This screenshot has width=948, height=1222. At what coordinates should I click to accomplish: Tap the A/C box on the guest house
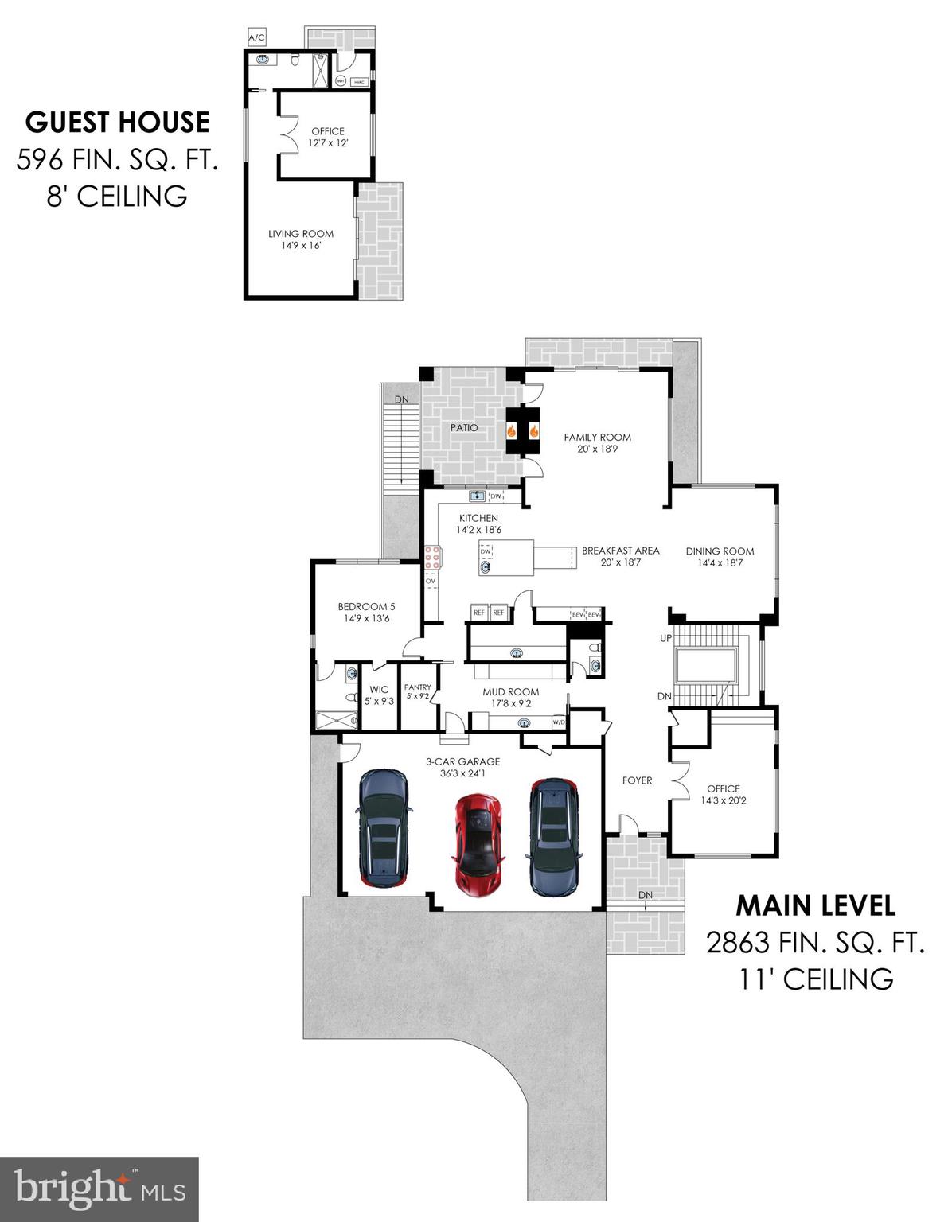click(x=256, y=37)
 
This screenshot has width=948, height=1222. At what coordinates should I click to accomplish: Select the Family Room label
click(x=597, y=437)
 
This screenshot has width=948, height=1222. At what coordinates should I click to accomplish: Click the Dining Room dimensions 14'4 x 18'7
click(x=720, y=562)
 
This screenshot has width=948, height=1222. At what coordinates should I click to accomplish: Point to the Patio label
click(x=464, y=428)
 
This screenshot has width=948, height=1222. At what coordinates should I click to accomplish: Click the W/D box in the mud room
click(x=560, y=722)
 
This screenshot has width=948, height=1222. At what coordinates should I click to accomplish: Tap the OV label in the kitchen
click(x=431, y=582)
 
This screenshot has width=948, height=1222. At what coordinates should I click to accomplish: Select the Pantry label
click(x=417, y=687)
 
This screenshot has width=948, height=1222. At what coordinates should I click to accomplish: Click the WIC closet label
click(x=379, y=690)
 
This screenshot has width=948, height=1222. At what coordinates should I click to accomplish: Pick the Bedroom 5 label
click(x=366, y=606)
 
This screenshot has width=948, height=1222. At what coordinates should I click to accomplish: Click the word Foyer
click(x=637, y=780)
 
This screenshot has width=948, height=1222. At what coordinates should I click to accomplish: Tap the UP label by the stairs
click(x=665, y=638)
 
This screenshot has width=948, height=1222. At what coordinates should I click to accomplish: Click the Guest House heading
click(x=118, y=123)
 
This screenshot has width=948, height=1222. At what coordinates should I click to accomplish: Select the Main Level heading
click(x=815, y=905)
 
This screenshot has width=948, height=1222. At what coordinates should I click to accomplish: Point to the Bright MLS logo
click(x=99, y=1189)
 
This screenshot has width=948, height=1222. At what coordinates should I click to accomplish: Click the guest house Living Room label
click(x=300, y=234)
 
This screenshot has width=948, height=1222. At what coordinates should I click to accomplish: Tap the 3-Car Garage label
click(x=462, y=761)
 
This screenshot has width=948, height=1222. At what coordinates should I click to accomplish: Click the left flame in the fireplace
click(x=512, y=431)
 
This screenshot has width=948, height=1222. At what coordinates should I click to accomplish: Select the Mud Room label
click(x=510, y=692)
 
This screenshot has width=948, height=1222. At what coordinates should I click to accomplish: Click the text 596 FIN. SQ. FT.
click(x=117, y=160)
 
